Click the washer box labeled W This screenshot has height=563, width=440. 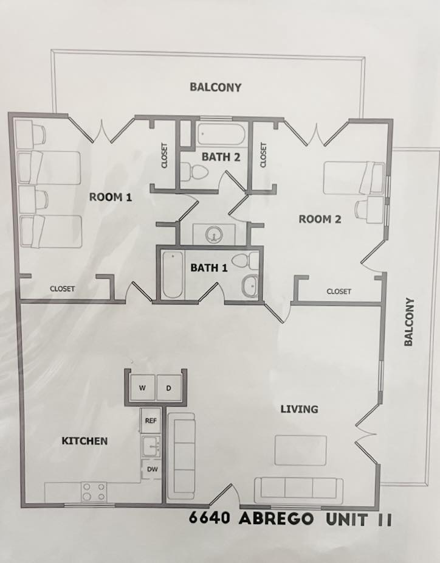click(x=142, y=388)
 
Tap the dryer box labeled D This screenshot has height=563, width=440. click(x=169, y=388)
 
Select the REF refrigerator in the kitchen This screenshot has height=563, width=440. click(x=151, y=420)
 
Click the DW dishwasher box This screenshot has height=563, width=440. click(x=151, y=469)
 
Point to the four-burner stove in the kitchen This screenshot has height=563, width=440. click(x=94, y=492)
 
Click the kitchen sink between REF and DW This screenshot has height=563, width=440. click(x=151, y=446)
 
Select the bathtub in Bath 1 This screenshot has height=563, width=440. click(x=172, y=275)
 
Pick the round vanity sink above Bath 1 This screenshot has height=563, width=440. click(x=214, y=235)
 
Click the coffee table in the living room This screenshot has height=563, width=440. click(x=300, y=450)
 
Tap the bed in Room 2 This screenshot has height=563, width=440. click(x=354, y=178)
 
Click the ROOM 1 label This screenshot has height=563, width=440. click(x=111, y=197)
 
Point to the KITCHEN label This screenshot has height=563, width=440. click(x=84, y=441)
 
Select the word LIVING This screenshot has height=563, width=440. click(x=299, y=409)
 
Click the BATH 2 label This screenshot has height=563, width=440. click(x=221, y=157)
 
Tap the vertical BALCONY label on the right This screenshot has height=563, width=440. click(x=409, y=322)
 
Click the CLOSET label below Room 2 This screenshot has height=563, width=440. click(x=339, y=292)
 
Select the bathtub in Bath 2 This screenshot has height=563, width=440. click(x=221, y=135)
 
